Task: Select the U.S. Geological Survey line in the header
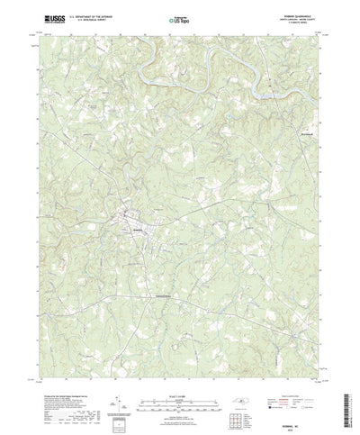pos(85,20)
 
